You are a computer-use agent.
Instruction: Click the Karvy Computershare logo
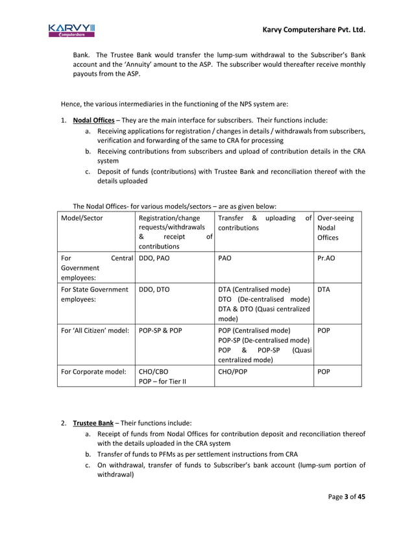click(71, 30)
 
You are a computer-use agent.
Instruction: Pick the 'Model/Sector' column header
click(82, 218)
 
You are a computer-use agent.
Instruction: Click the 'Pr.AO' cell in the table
click(326, 257)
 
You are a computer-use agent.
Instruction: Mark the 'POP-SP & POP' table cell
click(160, 330)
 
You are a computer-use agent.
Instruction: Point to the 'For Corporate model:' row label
click(93, 372)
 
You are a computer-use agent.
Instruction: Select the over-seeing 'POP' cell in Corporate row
click(324, 372)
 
